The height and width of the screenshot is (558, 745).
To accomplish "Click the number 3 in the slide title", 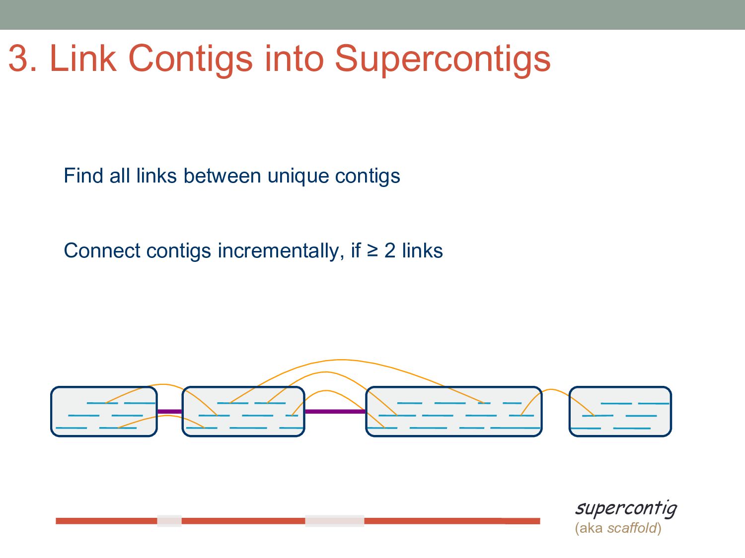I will click(x=19, y=59).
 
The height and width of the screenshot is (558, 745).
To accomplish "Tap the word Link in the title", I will click(x=83, y=59).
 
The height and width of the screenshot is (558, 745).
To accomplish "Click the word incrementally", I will click(x=278, y=251).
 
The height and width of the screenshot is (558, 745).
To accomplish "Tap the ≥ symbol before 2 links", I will click(x=372, y=250).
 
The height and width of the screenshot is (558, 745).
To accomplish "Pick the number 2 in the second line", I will click(x=390, y=251).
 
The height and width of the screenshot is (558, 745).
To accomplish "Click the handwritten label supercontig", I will click(x=626, y=508).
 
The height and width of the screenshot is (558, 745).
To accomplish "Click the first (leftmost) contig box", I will click(x=104, y=412).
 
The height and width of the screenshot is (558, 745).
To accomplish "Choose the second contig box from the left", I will click(x=243, y=412).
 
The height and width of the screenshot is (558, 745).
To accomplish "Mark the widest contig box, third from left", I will click(x=453, y=412).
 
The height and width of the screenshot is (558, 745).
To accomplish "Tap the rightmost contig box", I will click(x=620, y=412).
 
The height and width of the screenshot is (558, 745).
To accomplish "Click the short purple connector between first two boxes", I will click(x=170, y=412).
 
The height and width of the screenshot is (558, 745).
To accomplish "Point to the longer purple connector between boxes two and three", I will click(x=335, y=412).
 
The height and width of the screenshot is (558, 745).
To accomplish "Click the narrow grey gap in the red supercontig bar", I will click(x=169, y=521).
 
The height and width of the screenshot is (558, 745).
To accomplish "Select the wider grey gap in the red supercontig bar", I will click(x=334, y=521).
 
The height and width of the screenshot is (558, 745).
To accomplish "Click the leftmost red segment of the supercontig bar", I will click(x=106, y=521).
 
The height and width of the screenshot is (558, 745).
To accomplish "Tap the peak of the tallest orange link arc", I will click(x=341, y=360).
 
